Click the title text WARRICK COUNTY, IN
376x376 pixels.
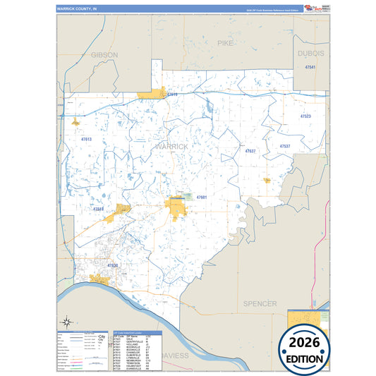click(x=76, y=9)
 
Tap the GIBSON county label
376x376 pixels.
click(x=104, y=54)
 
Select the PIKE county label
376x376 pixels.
click(x=225, y=43)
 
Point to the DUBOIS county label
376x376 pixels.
click(x=310, y=54)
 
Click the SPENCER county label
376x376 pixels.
click(x=260, y=303)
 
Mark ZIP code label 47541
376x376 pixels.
click(x=310, y=66)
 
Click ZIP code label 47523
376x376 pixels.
click(x=305, y=116)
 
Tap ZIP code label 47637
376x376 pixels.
click(x=250, y=151)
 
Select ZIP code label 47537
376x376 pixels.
click(x=285, y=146)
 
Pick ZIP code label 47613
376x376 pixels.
click(x=86, y=140)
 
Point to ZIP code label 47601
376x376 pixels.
click(x=201, y=197)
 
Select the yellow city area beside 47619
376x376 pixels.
click(x=151, y=93)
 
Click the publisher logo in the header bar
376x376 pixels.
click(x=312, y=8)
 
